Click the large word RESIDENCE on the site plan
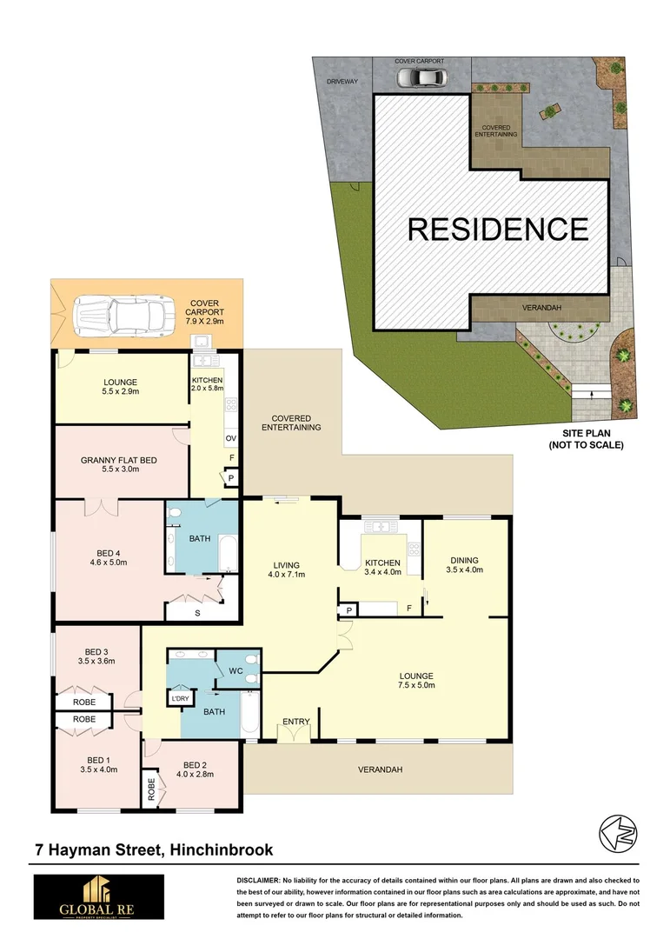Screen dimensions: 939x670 click(498, 230)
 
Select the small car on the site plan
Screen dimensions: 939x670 click(421, 77)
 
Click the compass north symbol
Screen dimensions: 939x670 click(618, 834)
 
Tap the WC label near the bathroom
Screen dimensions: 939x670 click(235, 670)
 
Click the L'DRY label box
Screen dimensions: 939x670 click(180, 698)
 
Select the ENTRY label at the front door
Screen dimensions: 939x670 click(296, 721)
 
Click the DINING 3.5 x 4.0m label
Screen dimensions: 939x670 click(465, 565)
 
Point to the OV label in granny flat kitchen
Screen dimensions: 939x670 click(231, 437)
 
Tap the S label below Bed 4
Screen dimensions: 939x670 click(197, 613)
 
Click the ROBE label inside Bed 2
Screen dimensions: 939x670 click(150, 788)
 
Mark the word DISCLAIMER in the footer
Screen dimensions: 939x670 click(258, 881)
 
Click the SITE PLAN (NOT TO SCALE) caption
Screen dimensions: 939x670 click(586, 439)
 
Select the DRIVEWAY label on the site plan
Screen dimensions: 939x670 click(342, 81)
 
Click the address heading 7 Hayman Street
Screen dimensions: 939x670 click(154, 849)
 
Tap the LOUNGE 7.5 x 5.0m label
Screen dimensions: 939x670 click(416, 680)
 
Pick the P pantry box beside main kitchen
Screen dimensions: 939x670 click(348, 610)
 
